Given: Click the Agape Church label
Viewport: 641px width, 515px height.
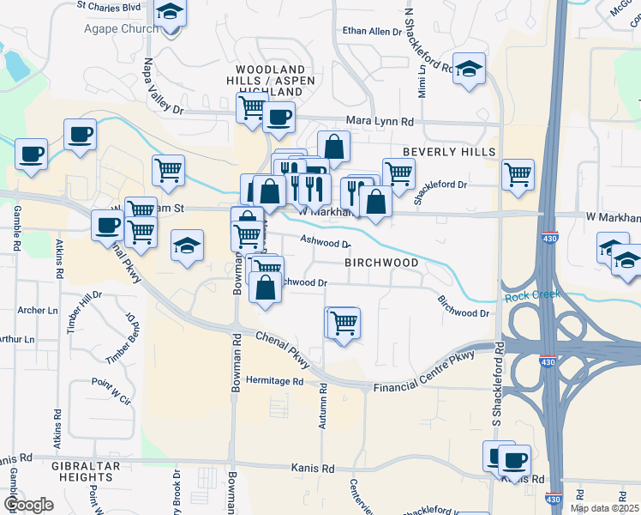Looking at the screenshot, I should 121,29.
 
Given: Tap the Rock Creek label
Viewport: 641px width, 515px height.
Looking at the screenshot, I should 532,294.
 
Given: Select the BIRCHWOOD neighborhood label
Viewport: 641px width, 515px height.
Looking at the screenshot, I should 381,263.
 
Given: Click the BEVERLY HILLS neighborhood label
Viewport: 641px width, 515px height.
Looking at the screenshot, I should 449,152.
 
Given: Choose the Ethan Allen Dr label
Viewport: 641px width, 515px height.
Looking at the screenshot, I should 372,31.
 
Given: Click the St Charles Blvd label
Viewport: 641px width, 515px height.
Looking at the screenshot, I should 108,6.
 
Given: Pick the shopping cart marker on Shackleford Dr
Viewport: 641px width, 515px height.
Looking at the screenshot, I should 518,173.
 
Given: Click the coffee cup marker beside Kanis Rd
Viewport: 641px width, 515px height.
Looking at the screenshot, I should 515,459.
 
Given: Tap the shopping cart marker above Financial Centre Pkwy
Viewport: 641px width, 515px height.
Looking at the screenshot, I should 344,323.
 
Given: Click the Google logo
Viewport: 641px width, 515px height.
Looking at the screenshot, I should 28,505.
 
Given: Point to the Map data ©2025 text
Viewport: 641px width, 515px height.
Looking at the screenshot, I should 604,508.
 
